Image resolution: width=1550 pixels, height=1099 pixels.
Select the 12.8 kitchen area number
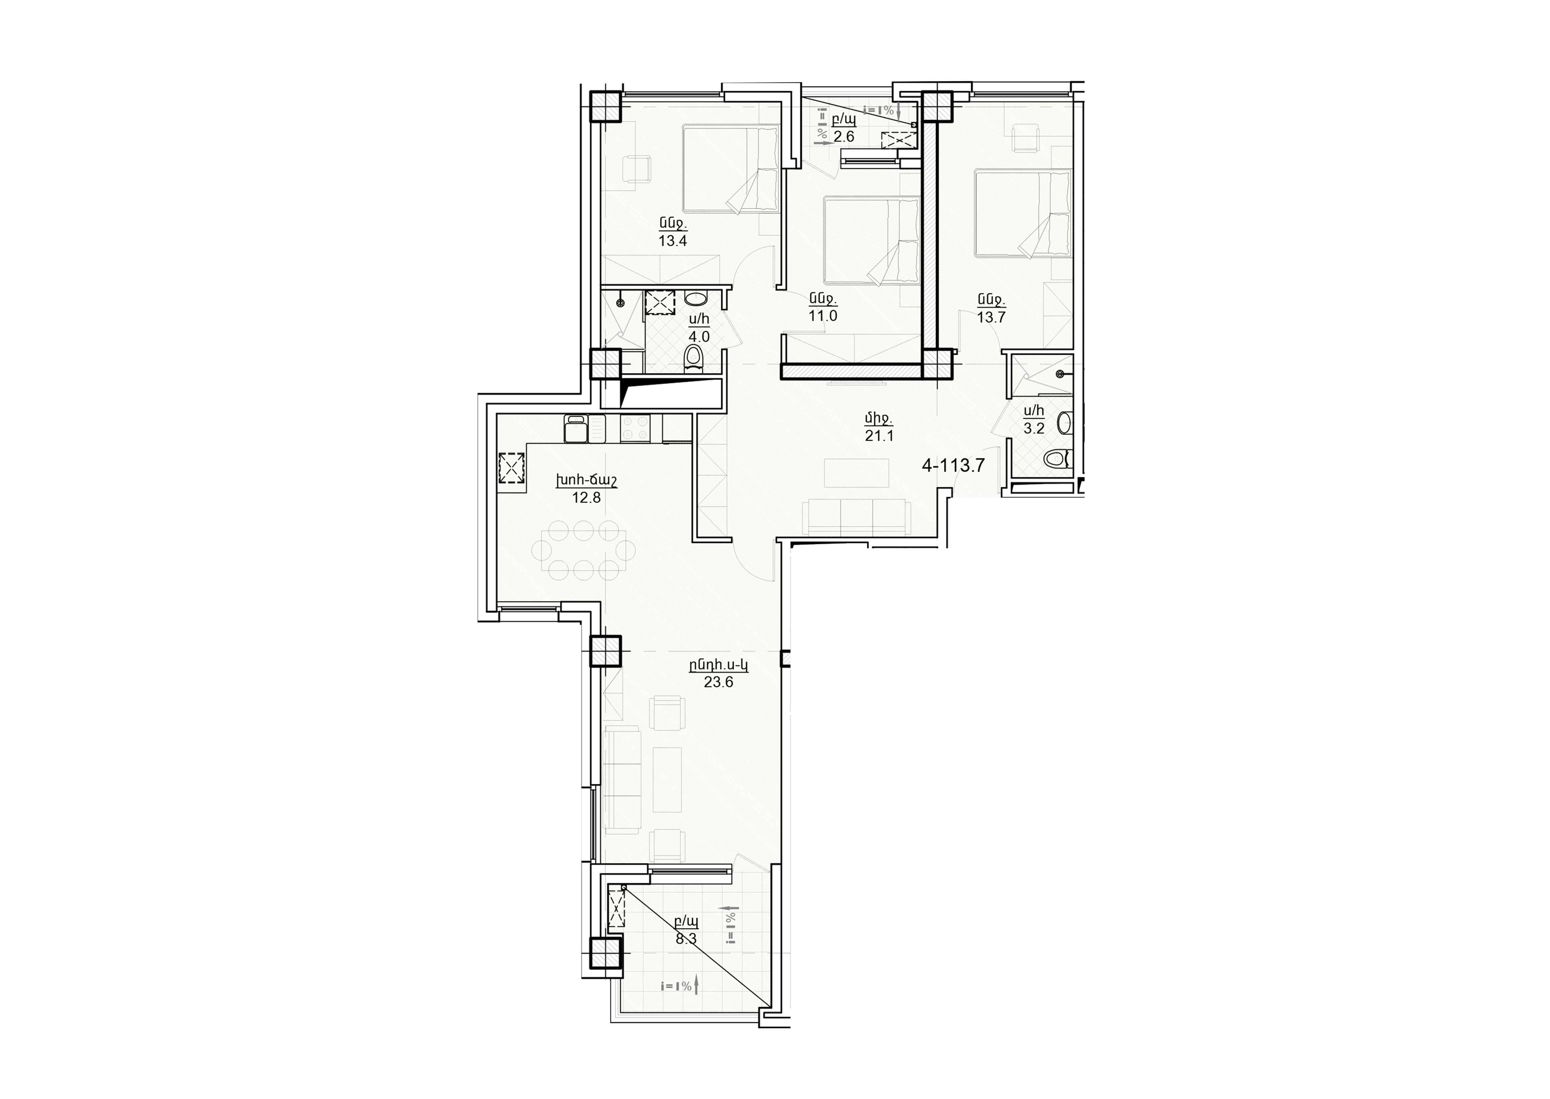[x=586, y=498]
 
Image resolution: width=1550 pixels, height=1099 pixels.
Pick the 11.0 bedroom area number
[x=823, y=315]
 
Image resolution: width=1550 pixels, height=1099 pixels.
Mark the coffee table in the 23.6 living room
[x=667, y=779]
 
